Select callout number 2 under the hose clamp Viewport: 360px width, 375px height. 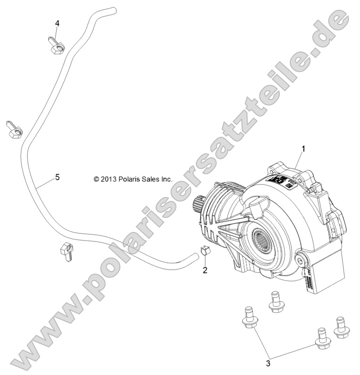pos(205,270)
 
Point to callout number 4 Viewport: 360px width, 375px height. pos(57,23)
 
